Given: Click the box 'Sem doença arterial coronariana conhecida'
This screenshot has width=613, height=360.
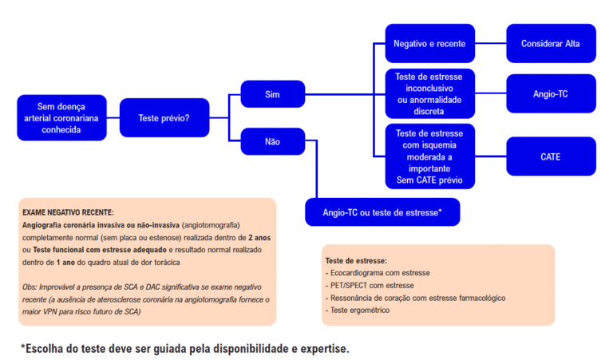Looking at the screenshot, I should pos(61,118).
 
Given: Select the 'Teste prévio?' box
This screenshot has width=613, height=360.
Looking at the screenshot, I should pos(164,118).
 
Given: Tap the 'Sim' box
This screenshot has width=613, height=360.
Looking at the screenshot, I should pos(272,94).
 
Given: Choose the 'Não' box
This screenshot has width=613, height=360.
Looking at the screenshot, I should pos(272,141).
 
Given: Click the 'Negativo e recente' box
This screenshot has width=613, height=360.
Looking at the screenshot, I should pos(429,43).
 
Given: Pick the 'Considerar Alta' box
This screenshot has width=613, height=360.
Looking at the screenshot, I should pos(551,43).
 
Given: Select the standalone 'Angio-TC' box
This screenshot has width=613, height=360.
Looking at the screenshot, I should pos(551,93).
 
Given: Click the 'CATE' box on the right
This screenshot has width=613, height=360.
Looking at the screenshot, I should pos(551,156).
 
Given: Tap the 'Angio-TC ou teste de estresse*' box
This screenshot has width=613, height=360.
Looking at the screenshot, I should pos(382,212).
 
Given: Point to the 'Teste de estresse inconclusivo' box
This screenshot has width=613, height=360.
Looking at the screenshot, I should pos(429,93).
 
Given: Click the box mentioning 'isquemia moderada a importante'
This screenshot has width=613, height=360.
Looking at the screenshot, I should pos(429,156).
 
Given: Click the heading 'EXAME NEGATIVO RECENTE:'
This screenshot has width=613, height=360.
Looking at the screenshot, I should pos(68,213).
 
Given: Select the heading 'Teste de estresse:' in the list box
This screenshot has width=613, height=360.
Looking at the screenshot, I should pos(356,261).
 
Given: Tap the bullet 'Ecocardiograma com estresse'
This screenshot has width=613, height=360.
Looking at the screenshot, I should pos(381,273).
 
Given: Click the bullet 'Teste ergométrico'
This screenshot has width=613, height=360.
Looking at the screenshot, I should pos(359,310).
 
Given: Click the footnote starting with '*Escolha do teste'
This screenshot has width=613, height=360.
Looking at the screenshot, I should pos(184,348).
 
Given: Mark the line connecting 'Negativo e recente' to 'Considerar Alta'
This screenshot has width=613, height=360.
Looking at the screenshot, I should pos(490,43).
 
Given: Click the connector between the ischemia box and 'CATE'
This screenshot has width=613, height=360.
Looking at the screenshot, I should pos(490,156).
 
